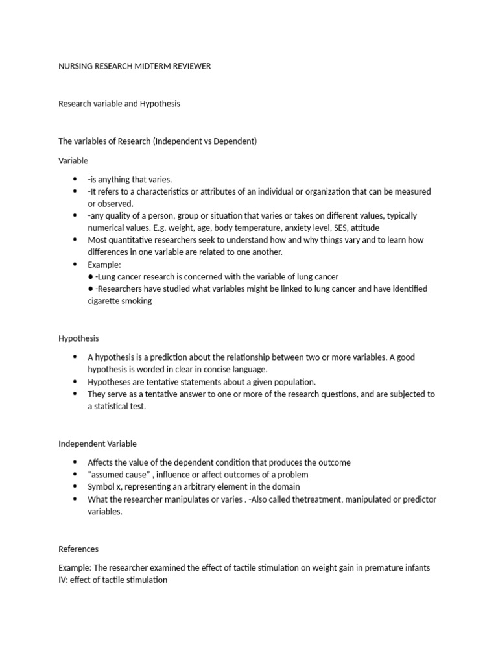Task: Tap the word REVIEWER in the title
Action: point(191,66)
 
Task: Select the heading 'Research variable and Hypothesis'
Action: point(119,104)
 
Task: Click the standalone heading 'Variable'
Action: point(73,160)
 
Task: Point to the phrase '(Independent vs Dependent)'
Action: point(205,141)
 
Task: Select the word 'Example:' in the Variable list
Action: point(104,265)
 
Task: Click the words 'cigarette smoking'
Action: point(120,301)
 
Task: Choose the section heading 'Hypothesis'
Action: point(78,338)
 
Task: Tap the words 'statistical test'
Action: point(120,407)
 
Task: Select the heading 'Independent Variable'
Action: point(98,444)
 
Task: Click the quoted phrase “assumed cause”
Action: point(116,475)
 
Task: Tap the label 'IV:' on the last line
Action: point(64,580)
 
